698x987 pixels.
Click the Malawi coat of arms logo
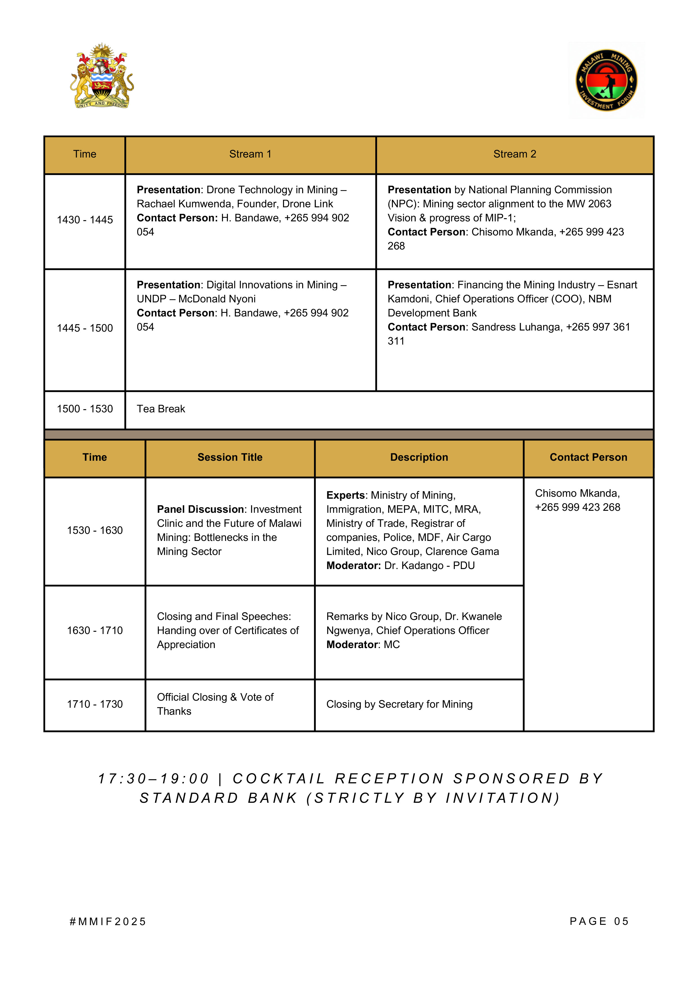click(x=102, y=76)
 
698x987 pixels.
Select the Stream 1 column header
click(x=250, y=154)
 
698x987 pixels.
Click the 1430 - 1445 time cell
click(x=85, y=220)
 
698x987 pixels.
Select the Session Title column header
click(x=230, y=457)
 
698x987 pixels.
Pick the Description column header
click(x=419, y=457)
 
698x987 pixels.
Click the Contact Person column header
click(x=588, y=457)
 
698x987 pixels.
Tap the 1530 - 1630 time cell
click(x=95, y=530)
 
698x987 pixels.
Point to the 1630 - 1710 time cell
click(x=95, y=631)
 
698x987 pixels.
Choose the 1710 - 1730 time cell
click(x=95, y=704)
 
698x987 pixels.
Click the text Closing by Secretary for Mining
click(x=399, y=704)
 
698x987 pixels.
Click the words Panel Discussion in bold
click(x=200, y=509)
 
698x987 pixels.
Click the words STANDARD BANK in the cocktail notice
click(x=219, y=798)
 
